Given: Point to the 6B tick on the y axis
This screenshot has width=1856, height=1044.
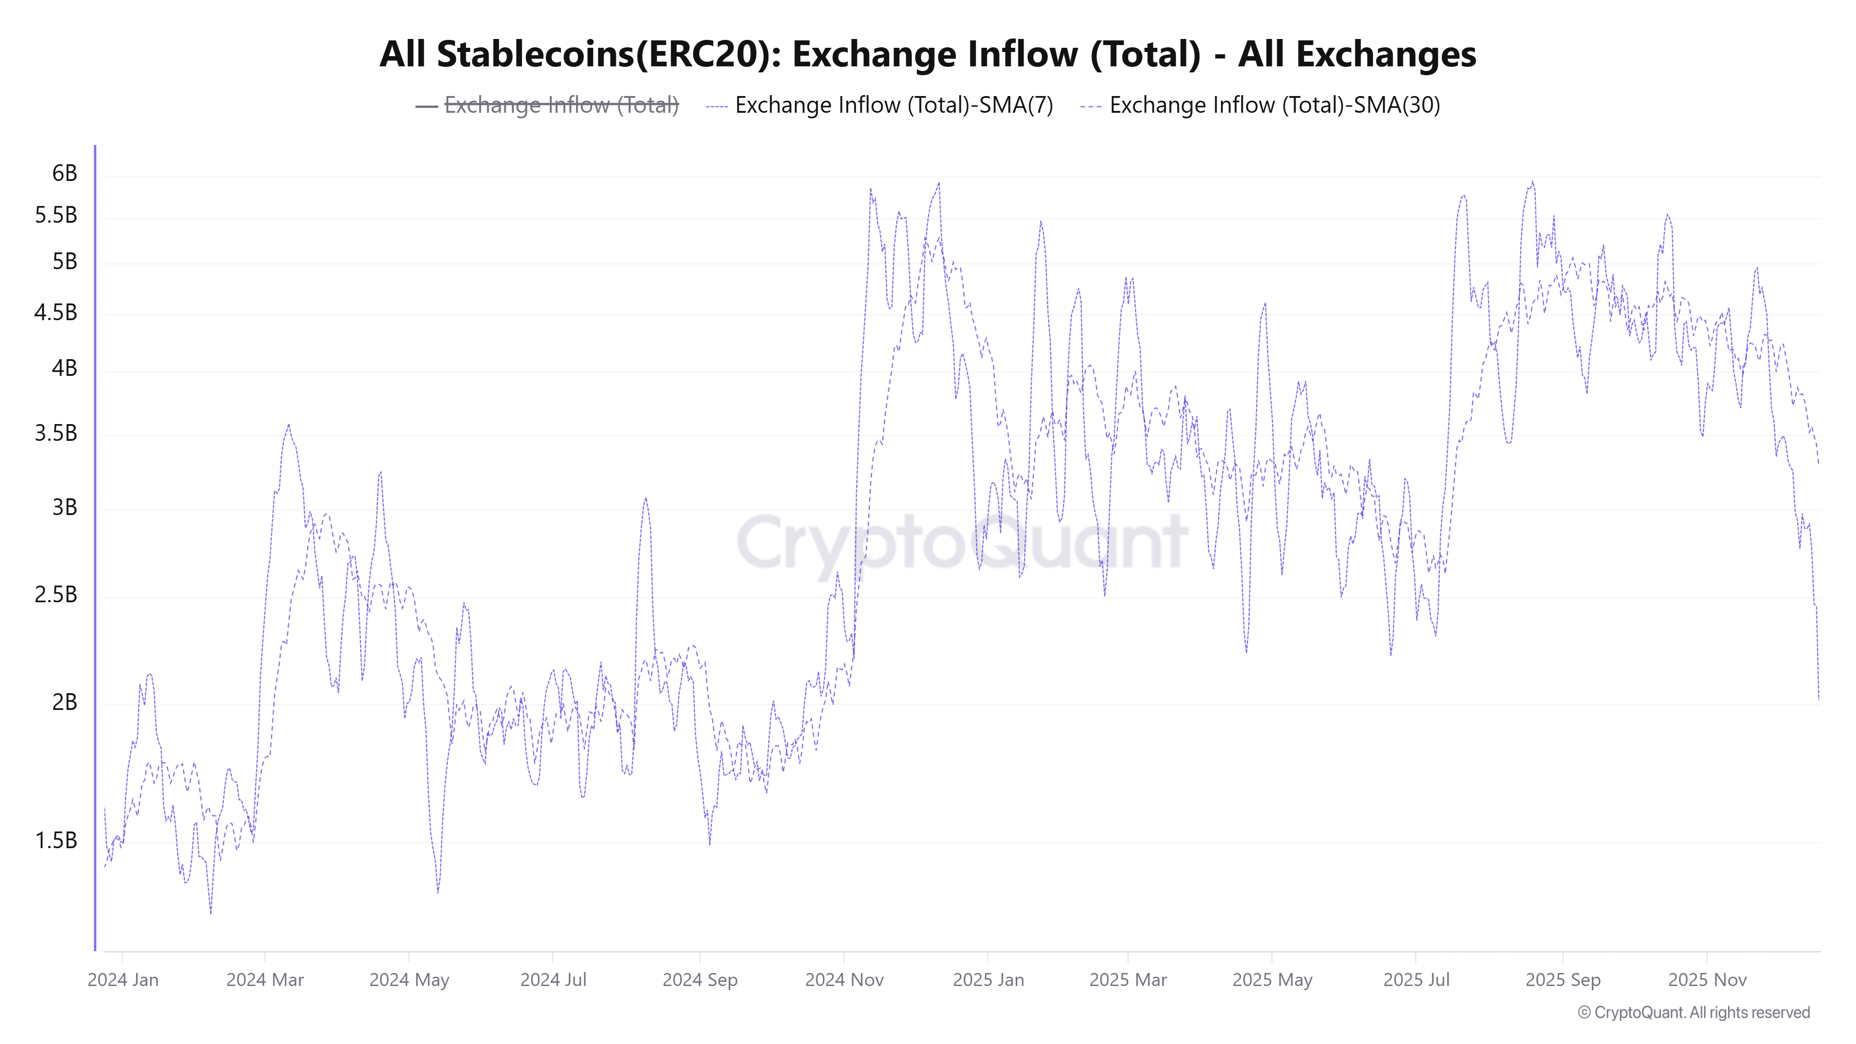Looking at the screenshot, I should pyautogui.click(x=64, y=173).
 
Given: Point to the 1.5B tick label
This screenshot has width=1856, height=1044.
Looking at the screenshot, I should pyautogui.click(x=56, y=840).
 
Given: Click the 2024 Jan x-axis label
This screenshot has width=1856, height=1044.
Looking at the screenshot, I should pyautogui.click(x=123, y=980).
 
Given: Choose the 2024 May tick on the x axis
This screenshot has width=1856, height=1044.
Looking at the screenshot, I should pyautogui.click(x=409, y=980).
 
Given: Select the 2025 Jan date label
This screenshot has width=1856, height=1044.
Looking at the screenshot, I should pyautogui.click(x=988, y=980).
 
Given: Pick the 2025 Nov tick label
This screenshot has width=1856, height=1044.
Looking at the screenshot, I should pyautogui.click(x=1707, y=980).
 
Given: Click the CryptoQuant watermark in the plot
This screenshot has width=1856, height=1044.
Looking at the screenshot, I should pyautogui.click(x=962, y=542).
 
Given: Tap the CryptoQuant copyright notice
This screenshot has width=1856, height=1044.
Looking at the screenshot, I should pyautogui.click(x=1693, y=1012).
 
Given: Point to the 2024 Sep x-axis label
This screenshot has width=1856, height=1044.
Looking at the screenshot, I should pyautogui.click(x=700, y=980).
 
